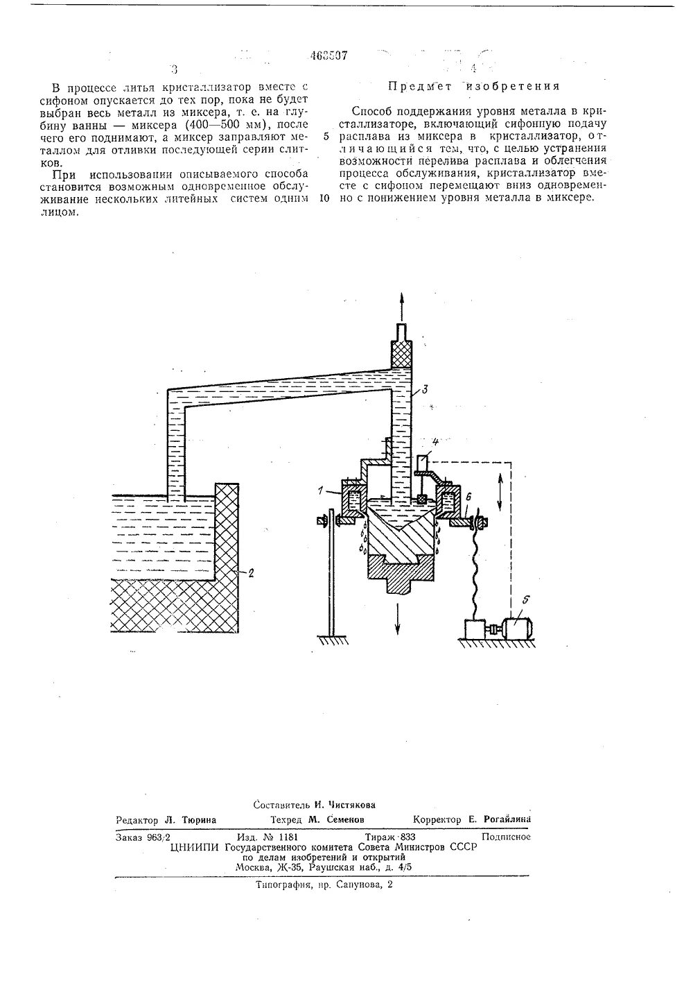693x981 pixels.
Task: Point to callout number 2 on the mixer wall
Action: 252,572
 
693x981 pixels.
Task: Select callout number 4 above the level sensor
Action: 435,441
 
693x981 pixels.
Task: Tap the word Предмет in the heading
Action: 414,87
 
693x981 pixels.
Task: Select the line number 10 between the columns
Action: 324,198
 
